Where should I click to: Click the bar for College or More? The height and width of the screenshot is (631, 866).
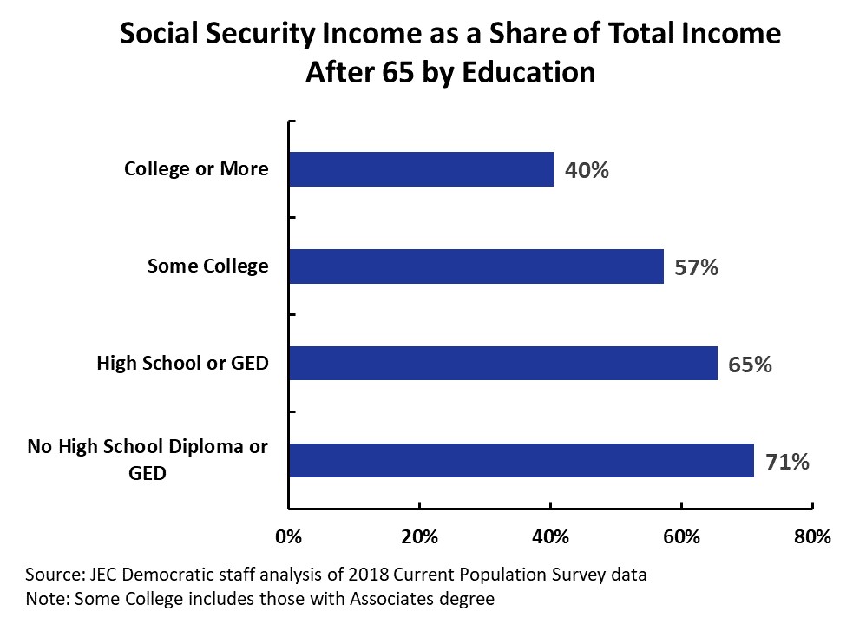click(x=421, y=169)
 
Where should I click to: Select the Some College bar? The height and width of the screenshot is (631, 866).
click(x=476, y=266)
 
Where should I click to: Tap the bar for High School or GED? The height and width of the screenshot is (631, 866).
click(x=502, y=364)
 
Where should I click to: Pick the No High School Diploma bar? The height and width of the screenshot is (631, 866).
click(x=521, y=460)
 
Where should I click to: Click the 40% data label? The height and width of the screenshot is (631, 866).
click(x=587, y=170)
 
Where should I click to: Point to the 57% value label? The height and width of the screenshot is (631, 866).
click(x=696, y=267)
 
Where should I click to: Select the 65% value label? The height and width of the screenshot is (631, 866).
click(x=750, y=365)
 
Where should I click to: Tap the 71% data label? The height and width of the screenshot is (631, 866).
click(x=787, y=462)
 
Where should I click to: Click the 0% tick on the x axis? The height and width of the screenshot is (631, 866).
click(x=288, y=536)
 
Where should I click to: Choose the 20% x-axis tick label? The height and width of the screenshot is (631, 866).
click(x=419, y=536)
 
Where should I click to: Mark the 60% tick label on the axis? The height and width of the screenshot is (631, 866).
click(x=682, y=536)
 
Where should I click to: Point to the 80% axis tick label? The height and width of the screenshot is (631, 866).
click(x=813, y=536)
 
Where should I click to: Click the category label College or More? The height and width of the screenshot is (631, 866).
click(x=196, y=168)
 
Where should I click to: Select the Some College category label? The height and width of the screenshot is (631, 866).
click(x=208, y=266)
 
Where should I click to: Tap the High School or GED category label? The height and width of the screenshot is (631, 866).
click(x=182, y=363)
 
